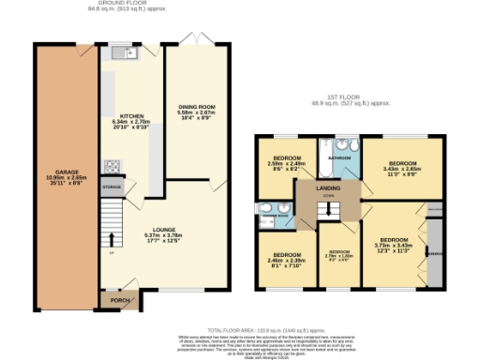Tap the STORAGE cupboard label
click(112, 188)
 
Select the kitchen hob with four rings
click(112, 168)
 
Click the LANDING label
click(329, 187)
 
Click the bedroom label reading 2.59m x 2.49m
click(287, 162)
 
